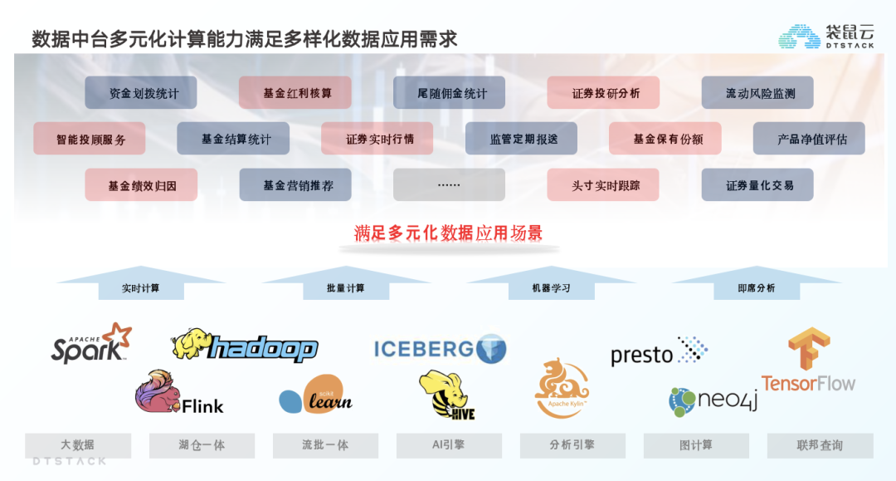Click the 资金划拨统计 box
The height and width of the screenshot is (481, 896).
click(x=141, y=93)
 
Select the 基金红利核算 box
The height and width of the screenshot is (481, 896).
click(x=295, y=93)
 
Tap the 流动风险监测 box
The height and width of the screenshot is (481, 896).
click(x=757, y=93)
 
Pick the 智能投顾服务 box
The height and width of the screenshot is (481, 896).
click(x=90, y=139)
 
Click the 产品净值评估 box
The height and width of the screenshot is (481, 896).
click(x=809, y=139)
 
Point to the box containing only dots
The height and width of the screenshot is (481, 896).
click(x=449, y=184)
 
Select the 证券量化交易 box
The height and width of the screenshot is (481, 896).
click(x=757, y=184)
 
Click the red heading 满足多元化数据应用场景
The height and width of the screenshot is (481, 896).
click(x=448, y=233)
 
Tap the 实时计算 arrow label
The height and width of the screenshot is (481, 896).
click(x=140, y=288)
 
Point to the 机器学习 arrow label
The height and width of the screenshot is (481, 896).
click(x=551, y=288)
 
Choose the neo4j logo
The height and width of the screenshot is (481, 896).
click(x=713, y=401)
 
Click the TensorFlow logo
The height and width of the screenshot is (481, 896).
click(x=808, y=362)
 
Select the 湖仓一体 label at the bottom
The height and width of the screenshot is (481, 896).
click(x=202, y=445)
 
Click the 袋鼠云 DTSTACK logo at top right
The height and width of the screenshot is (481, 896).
click(x=826, y=36)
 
